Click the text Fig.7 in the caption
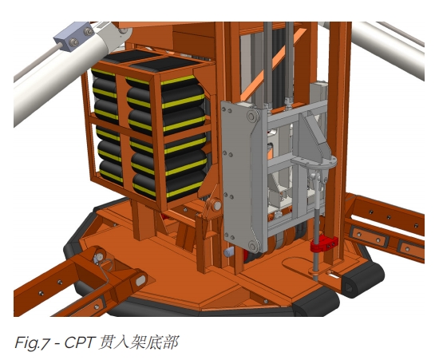[31, 342]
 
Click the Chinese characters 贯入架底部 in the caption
[139, 342]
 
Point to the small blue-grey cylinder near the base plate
[229, 251]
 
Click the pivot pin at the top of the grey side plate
[252, 117]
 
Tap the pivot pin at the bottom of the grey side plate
[253, 247]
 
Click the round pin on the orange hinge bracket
[216, 205]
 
